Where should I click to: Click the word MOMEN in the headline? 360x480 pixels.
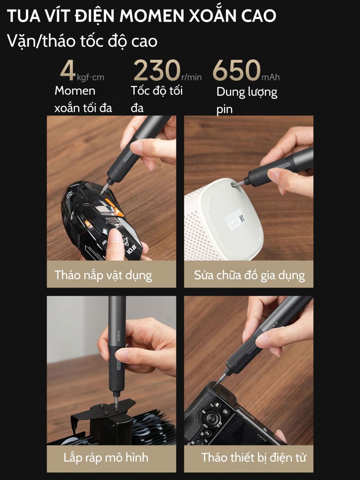tap(152, 16)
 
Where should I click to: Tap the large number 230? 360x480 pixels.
tap(157, 71)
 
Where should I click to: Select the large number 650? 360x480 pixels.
tap(237, 71)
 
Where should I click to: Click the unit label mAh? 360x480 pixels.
tap(270, 77)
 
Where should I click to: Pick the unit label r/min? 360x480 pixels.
tap(191, 77)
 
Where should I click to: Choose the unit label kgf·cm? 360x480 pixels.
tap(90, 78)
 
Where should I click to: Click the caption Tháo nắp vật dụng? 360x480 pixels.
tap(103, 275)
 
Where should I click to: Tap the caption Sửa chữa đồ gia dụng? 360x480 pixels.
tap(249, 275)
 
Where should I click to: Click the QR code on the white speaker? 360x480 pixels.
tap(242, 218)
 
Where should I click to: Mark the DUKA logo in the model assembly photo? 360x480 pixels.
tap(118, 338)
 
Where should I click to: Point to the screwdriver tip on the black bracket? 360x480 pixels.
tap(116, 408)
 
